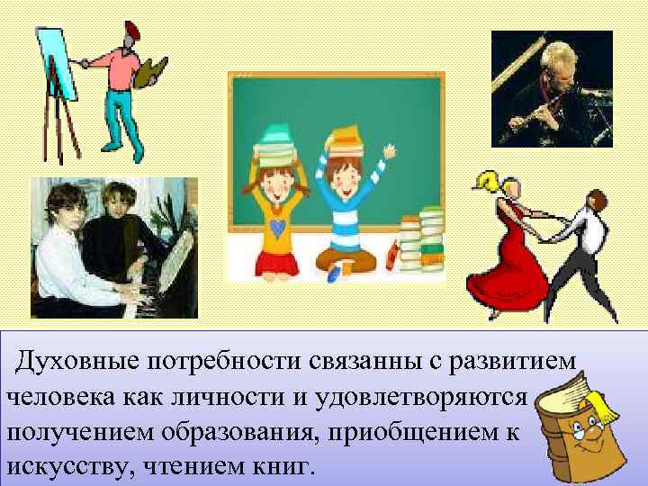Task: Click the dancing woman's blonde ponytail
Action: [490, 180]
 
